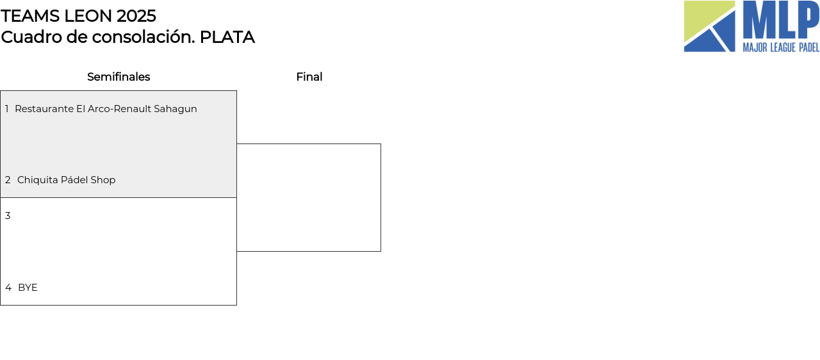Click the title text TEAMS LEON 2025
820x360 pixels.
pos(78,16)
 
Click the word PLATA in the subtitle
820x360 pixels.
pos(227,37)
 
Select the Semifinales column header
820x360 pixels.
pos(119,77)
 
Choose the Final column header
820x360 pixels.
pos(309,77)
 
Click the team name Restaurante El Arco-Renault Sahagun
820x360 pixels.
pos(106,109)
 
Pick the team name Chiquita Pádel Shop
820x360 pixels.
pos(66,180)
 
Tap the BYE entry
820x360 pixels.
pos(28,288)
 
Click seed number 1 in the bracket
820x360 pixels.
pos(7,109)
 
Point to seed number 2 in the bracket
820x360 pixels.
pos(8,180)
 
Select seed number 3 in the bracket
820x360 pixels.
pos(8,216)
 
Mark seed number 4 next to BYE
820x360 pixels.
pos(8,288)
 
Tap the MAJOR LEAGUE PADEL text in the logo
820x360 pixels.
pos(780,47)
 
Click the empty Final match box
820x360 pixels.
pos(309,197)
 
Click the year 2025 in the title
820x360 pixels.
pos(136,16)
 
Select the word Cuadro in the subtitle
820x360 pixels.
pos(27,37)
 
